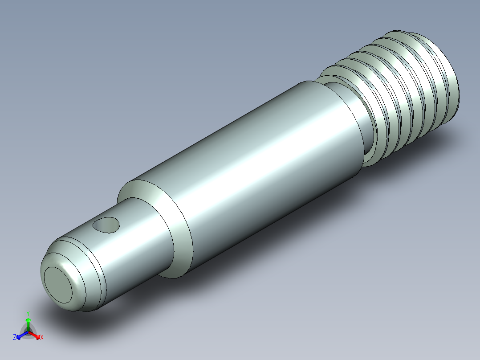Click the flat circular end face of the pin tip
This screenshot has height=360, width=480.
coord(58,285)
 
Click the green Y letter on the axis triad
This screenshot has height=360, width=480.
coord(28,313)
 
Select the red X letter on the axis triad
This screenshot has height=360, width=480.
coord(41,338)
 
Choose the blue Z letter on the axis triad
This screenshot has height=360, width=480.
coord(15,338)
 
